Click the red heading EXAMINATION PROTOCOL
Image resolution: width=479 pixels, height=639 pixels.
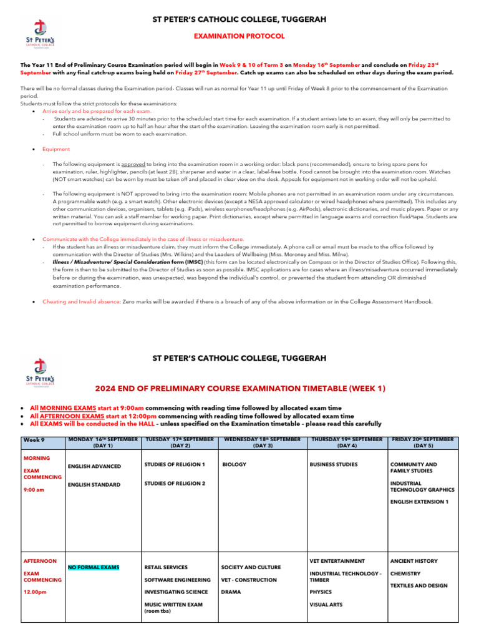pyautogui.click(x=240, y=36)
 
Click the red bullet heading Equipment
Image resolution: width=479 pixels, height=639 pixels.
pyautogui.click(x=56, y=149)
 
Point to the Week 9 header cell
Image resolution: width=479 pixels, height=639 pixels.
pyautogui.click(x=34, y=440)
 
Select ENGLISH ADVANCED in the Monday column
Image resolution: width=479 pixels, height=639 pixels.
pyautogui.click(x=94, y=466)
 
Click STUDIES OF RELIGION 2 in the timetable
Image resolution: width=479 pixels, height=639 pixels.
pyautogui.click(x=175, y=483)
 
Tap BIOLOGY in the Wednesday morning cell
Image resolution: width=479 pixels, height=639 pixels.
pyautogui.click(x=234, y=465)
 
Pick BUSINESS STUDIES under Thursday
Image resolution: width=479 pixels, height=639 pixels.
pyautogui.click(x=334, y=465)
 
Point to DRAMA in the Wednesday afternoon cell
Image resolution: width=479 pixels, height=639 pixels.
pyautogui.click(x=231, y=592)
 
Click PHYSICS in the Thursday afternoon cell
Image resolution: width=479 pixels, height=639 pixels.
pyautogui.click(x=321, y=592)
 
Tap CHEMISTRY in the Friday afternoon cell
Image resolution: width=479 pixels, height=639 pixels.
pyautogui.click(x=405, y=573)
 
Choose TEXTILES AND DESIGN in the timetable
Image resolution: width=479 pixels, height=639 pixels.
pyautogui.click(x=419, y=586)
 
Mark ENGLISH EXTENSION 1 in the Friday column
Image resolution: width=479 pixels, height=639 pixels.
pyautogui.click(x=419, y=502)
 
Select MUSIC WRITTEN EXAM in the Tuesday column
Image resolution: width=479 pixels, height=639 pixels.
pyautogui.click(x=173, y=604)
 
